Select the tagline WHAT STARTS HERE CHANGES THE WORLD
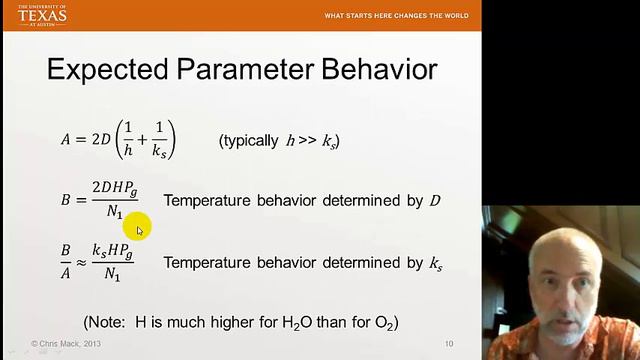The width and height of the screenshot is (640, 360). [397, 16]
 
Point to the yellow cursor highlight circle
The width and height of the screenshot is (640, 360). [138, 228]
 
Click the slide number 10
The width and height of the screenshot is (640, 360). [449, 344]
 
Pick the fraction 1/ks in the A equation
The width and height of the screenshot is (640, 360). [159, 140]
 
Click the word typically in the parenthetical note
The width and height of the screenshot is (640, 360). [249, 141]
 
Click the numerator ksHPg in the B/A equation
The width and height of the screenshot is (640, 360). [112, 252]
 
